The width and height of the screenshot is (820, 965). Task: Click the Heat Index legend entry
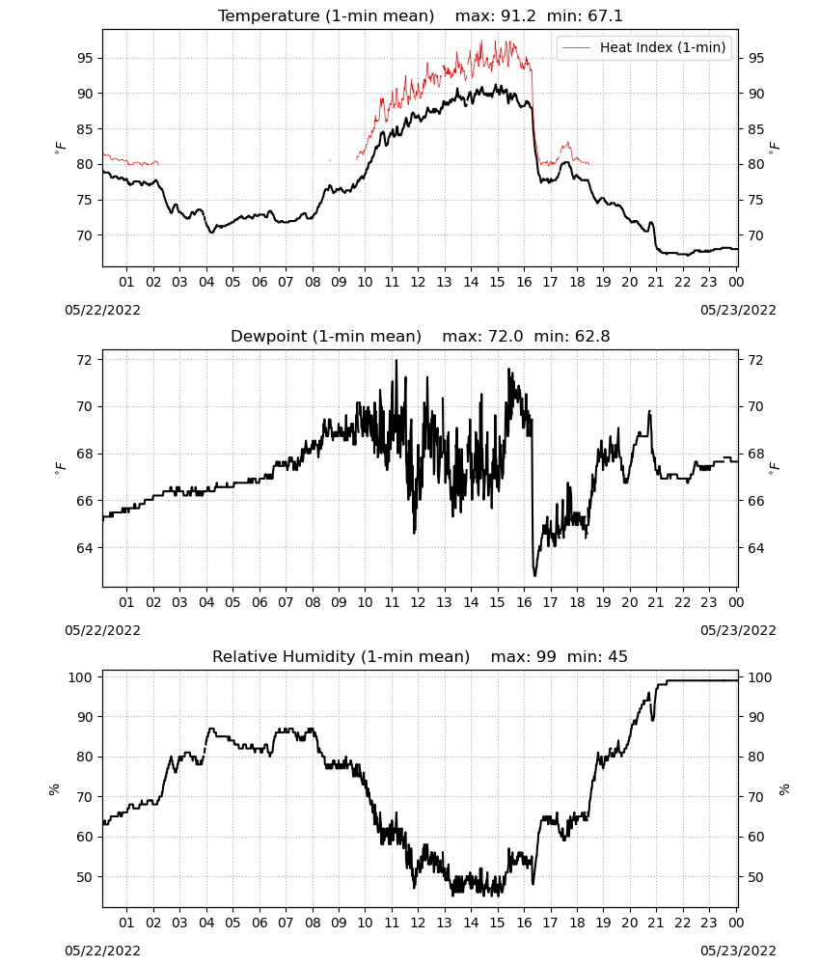[644, 47]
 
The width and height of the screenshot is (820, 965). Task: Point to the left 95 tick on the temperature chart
[84, 59]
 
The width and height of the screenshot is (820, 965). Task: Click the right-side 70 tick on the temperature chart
[755, 235]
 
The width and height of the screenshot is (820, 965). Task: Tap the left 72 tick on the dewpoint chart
[84, 360]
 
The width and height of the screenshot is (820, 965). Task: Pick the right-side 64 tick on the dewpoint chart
[755, 548]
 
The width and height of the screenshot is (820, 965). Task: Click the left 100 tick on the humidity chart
[81, 677]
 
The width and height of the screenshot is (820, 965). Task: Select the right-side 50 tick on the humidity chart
[755, 877]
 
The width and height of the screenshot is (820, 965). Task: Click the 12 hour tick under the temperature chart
[419, 282]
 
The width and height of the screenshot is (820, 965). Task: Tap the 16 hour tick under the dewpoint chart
[524, 602]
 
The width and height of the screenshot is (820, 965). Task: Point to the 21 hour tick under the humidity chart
[656, 924]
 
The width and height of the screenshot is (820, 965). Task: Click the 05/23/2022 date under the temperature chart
[738, 310]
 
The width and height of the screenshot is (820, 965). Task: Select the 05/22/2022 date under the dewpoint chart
[102, 631]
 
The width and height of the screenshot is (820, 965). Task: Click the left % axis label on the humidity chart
[54, 789]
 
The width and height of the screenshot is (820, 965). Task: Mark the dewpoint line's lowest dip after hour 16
[534, 575]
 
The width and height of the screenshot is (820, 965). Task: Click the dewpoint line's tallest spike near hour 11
[396, 361]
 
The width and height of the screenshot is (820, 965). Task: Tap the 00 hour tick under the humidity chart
[736, 924]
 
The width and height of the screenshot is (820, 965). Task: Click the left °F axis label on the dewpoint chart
[60, 469]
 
